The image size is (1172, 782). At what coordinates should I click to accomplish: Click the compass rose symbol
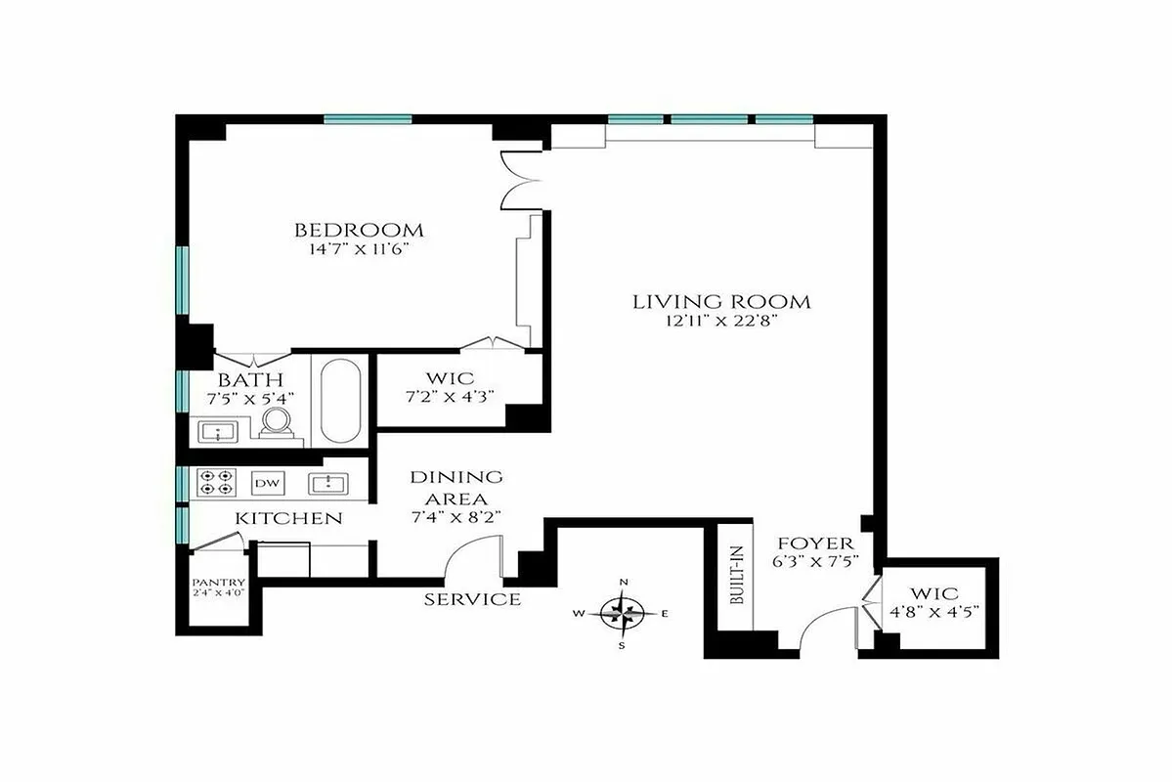623,614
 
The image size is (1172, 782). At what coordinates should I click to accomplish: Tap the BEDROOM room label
360,231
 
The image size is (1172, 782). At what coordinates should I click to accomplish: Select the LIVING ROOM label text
721,301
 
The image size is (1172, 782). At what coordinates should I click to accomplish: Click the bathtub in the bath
340,402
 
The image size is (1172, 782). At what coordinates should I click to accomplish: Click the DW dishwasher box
266,483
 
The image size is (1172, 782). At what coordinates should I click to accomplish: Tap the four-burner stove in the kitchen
215,482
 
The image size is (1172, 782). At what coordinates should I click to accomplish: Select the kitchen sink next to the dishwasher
329,483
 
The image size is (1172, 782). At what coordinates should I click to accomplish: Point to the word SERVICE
472,599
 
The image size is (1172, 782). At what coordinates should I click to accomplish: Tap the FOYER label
815,543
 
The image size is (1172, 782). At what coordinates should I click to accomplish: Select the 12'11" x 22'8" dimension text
721,321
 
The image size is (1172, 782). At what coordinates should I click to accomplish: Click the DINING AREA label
456,487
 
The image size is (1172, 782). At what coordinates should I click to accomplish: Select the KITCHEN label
289,518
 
